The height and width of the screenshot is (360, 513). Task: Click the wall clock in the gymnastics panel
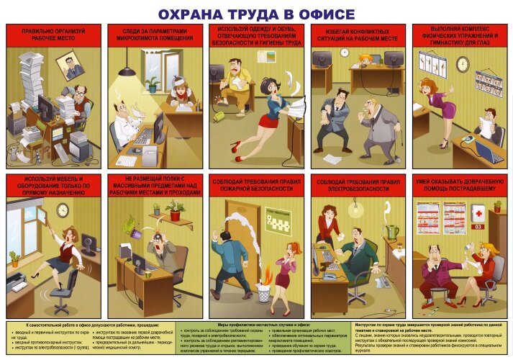(462, 64)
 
